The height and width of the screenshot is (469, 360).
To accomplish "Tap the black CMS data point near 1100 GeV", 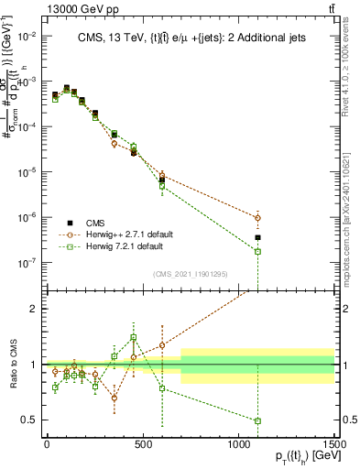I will tap(257, 237).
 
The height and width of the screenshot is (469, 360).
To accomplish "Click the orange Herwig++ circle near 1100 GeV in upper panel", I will tap(257, 217).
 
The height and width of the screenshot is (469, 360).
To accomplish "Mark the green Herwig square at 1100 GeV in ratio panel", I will tap(257, 421).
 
